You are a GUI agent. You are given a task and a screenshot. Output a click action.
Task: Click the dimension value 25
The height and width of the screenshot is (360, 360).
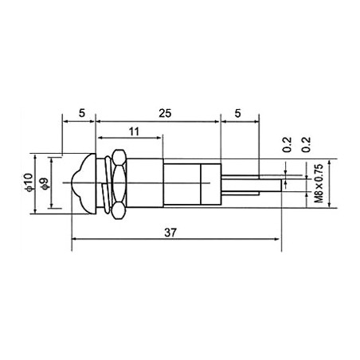point(164,114)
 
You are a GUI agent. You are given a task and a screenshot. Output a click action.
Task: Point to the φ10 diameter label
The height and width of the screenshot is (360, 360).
point(29,182)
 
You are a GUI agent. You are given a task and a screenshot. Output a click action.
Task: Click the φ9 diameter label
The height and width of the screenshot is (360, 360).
point(45,182)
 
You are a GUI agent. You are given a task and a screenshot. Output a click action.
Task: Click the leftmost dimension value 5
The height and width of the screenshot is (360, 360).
point(83,114)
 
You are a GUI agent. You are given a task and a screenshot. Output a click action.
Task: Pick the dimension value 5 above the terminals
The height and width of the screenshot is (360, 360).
point(239,114)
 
